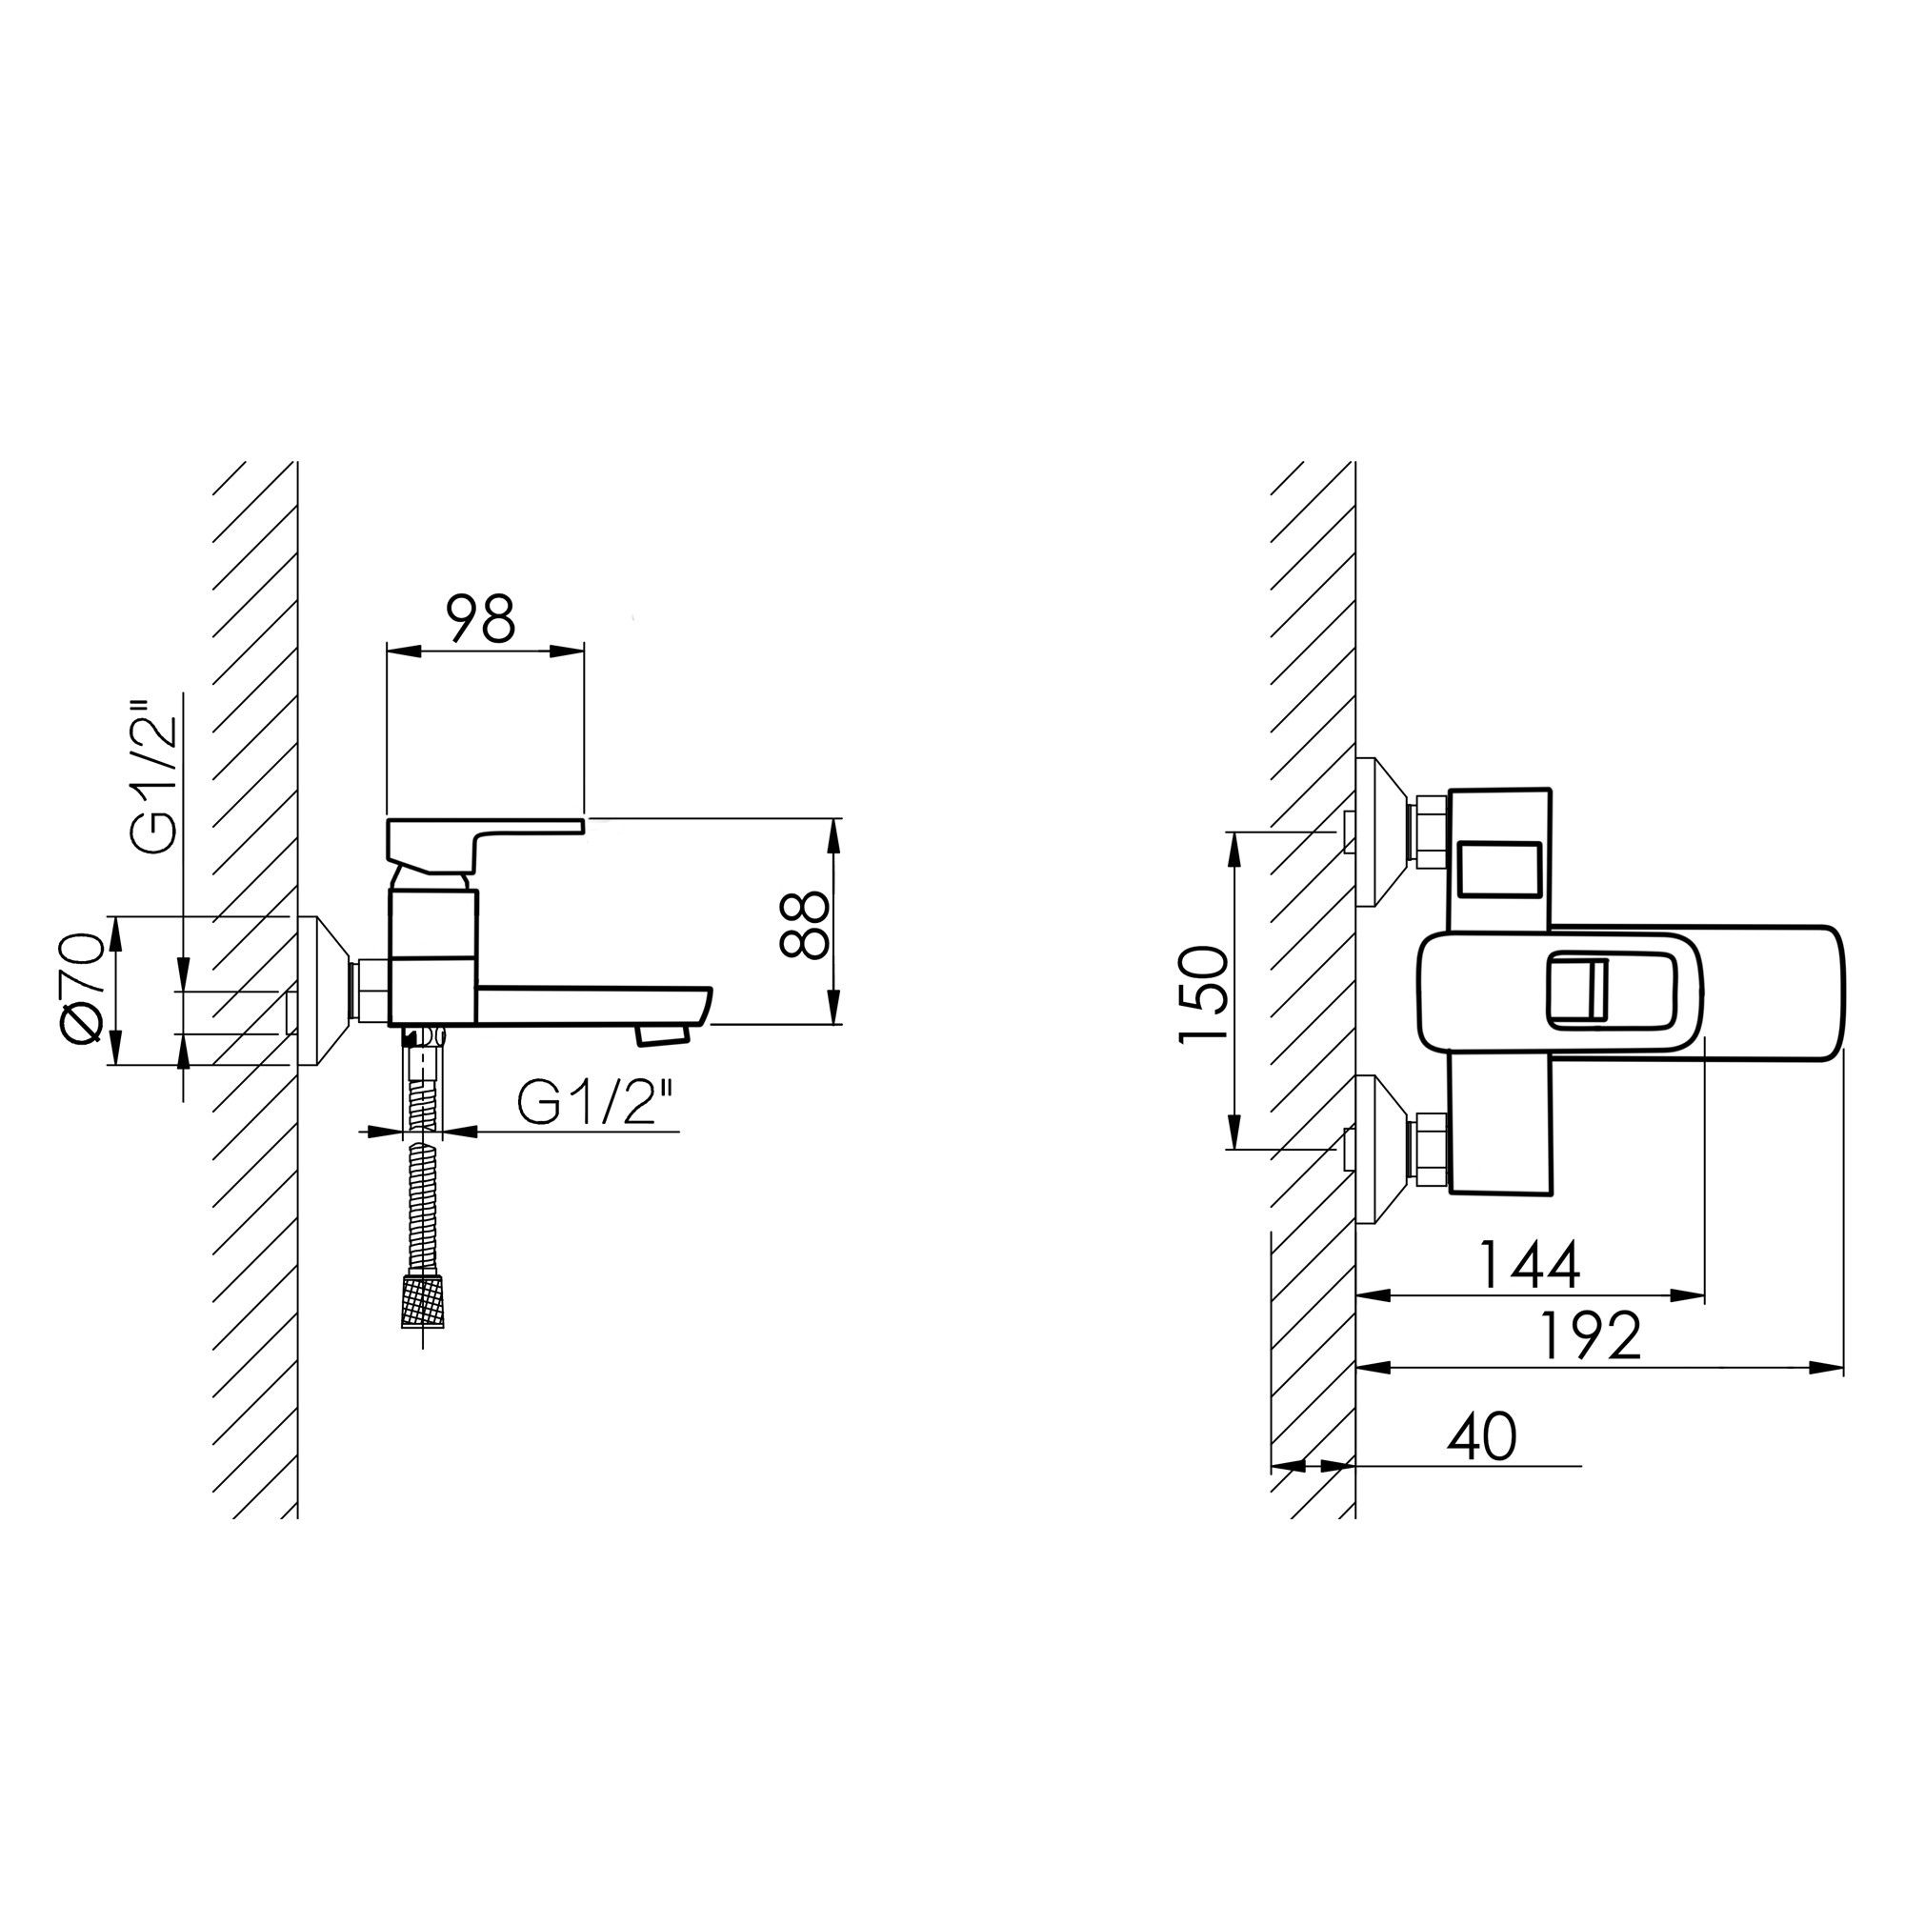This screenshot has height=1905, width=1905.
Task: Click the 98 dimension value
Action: pos(481,618)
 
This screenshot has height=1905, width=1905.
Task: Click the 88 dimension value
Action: pos(804,924)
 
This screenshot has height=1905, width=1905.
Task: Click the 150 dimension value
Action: pos(1204,993)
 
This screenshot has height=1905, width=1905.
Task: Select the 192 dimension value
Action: pos(1591,1335)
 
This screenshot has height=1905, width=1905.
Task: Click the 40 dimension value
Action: pos(1481,1436)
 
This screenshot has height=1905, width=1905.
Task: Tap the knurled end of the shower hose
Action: pos(423,1300)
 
